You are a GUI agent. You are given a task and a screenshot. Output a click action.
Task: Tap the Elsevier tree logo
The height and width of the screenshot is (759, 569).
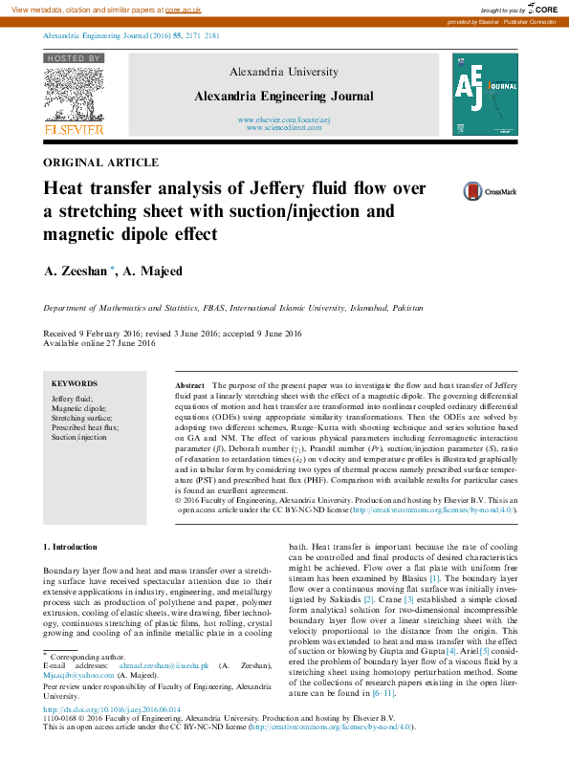(x=73, y=98)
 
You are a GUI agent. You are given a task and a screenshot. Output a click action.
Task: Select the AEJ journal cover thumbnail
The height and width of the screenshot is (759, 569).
(x=485, y=93)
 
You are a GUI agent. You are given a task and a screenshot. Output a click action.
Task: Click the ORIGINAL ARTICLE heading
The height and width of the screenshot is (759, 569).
(x=101, y=163)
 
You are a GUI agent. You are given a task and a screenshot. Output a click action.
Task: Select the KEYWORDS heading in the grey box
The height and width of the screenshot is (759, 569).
(x=74, y=382)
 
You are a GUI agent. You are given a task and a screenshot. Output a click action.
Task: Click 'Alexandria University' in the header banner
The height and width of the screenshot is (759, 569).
(x=283, y=72)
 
